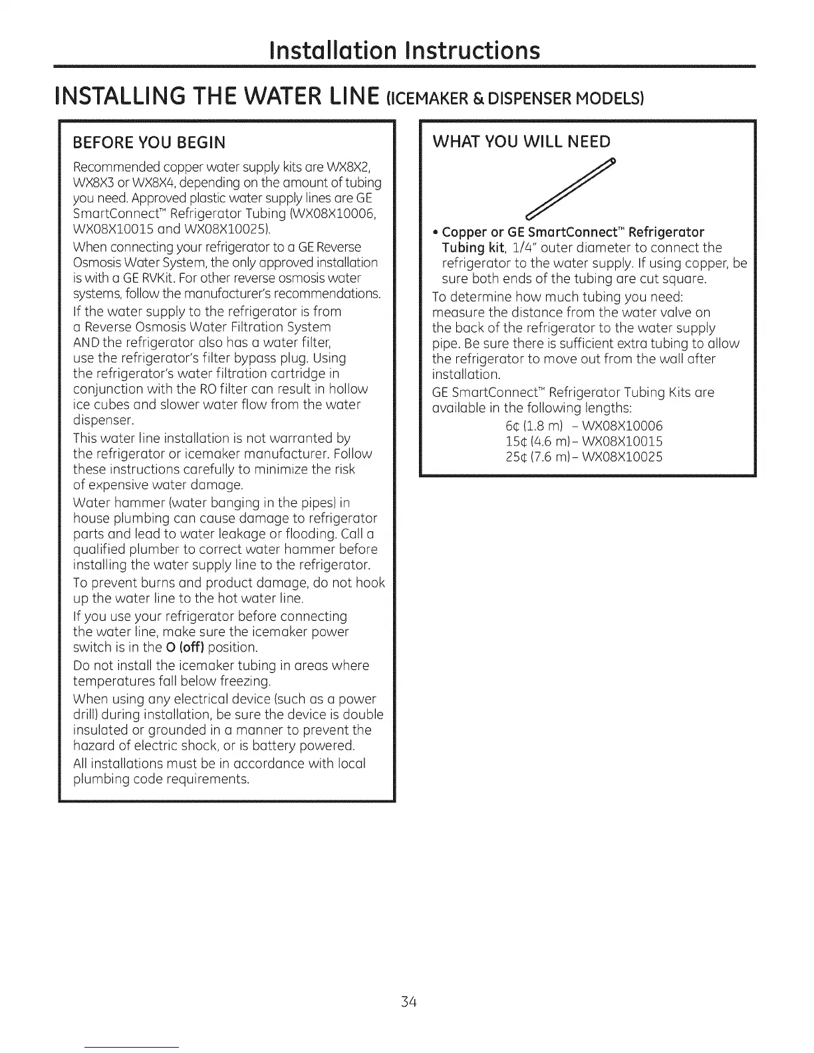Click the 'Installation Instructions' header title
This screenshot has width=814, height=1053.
click(x=406, y=51)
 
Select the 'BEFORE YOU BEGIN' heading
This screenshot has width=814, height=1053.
click(x=149, y=142)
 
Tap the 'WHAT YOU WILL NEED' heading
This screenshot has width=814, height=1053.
click(x=521, y=142)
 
